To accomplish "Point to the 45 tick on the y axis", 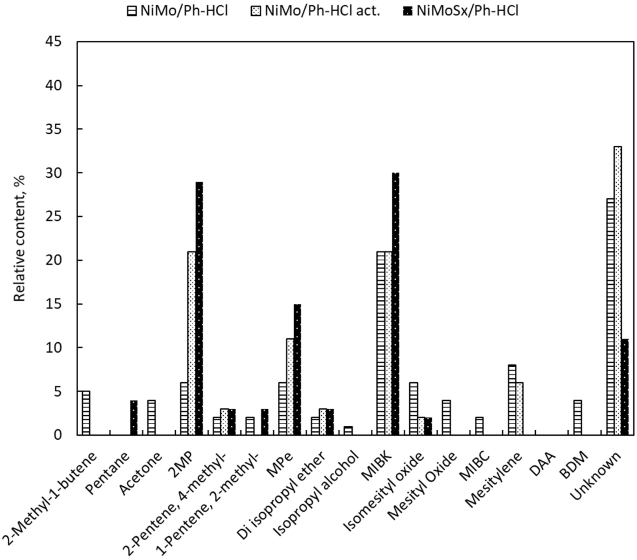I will [53, 42].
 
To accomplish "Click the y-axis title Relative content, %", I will [19, 238].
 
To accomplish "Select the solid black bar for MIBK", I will [396, 304].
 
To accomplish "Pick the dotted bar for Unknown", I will [618, 290].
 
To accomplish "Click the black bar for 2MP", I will [199, 309].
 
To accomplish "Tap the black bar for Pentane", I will [134, 418].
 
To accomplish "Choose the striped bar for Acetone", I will [151, 418].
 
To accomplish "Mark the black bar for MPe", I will [297, 370].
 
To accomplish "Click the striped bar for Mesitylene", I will [512, 400].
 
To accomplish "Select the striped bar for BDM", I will [578, 418].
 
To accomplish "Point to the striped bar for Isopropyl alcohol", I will [348, 431].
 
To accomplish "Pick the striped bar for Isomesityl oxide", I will [414, 409].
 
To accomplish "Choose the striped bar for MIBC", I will [479, 426].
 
